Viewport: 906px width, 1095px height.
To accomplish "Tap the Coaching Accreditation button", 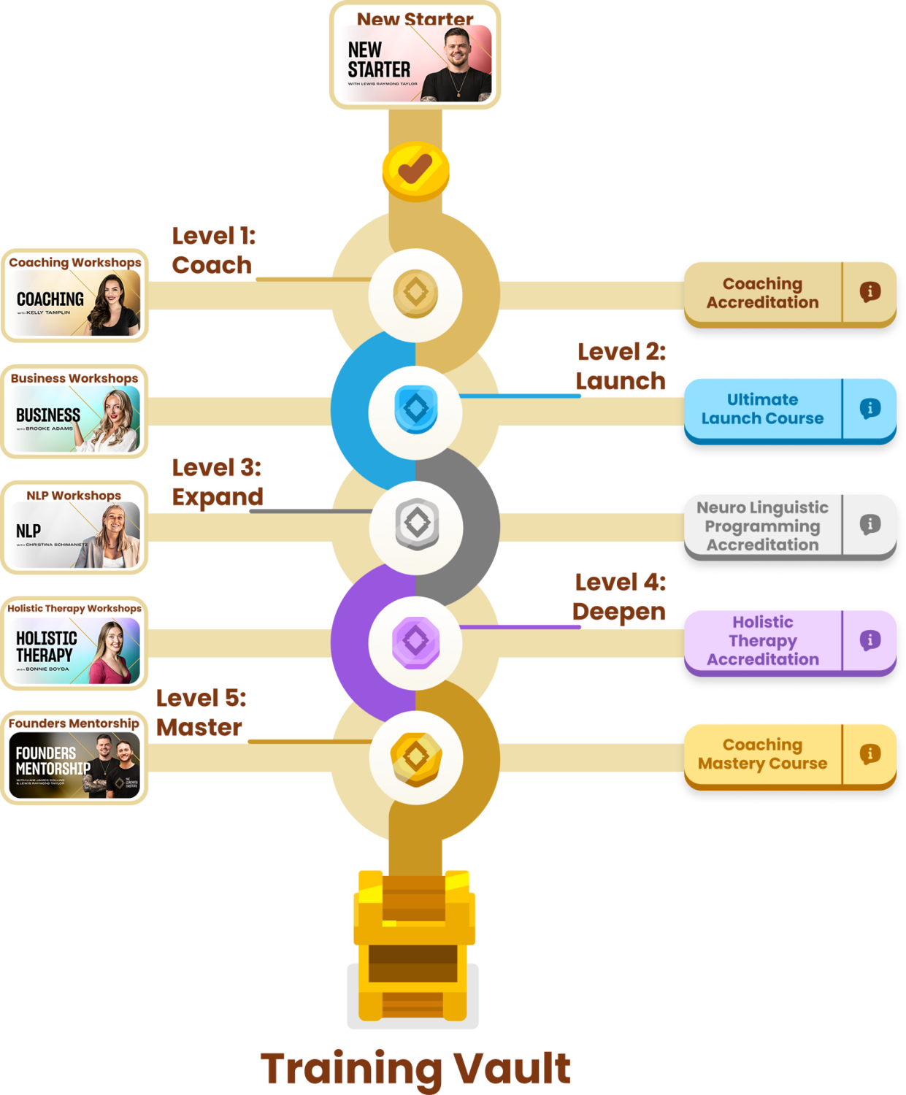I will click(x=762, y=293).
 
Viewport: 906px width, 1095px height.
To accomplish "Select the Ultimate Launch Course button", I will click(x=762, y=410).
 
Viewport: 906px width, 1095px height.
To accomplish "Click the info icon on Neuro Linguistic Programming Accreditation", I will click(x=869, y=525).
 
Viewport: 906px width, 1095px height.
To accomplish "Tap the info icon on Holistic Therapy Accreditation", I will click(x=869, y=641).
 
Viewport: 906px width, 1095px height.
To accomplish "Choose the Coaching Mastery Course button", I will click(x=762, y=755).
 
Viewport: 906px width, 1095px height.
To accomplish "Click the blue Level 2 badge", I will click(x=415, y=410).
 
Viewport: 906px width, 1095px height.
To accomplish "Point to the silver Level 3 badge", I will click(x=416, y=524).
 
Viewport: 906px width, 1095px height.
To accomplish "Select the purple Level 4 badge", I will click(x=415, y=642).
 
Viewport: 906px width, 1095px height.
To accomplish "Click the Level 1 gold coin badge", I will click(x=415, y=293).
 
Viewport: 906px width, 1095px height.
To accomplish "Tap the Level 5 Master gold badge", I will click(x=415, y=758).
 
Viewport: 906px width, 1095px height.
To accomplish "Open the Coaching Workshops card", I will click(x=74, y=296).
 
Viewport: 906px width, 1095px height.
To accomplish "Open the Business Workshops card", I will click(x=74, y=412).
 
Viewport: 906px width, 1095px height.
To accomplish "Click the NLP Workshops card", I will click(x=74, y=528).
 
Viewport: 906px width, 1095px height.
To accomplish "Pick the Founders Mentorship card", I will click(x=74, y=758).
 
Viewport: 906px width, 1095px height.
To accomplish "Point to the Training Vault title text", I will click(x=415, y=1069).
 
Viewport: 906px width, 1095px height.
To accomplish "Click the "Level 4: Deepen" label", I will click(x=619, y=598).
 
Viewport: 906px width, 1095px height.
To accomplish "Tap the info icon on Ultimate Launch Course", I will click(x=869, y=409).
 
